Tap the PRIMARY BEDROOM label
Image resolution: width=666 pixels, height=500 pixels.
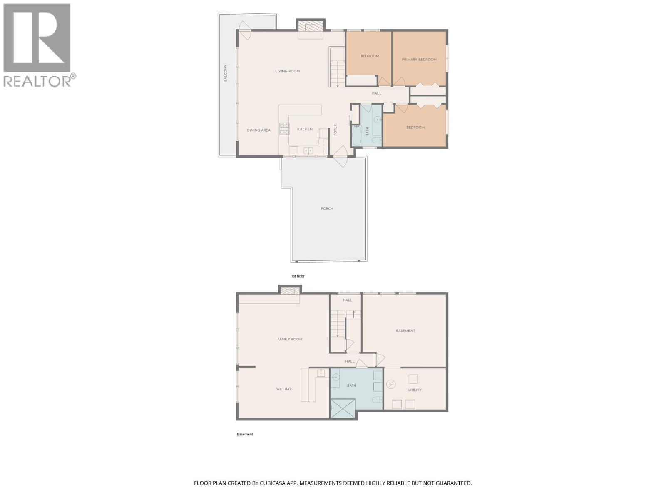419,60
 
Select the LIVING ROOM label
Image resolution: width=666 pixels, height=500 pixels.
287,71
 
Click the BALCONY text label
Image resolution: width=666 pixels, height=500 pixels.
226,73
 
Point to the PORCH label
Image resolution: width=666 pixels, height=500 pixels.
327,208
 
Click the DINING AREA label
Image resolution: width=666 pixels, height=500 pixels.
258,130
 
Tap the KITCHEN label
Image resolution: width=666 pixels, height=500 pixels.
305,129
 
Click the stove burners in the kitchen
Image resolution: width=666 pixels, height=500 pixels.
284,129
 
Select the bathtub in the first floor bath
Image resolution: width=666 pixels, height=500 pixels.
357,136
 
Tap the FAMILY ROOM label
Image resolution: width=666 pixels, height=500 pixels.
290,339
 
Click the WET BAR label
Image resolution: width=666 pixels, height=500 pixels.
284,389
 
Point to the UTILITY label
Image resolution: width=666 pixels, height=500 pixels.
415,390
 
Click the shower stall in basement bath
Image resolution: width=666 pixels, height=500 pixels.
343,408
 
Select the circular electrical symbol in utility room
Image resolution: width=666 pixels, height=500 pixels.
391,384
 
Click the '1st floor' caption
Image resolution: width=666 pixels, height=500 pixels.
298,276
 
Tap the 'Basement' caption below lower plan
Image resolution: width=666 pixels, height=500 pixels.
245,434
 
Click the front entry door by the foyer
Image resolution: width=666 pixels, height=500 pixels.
340,156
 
